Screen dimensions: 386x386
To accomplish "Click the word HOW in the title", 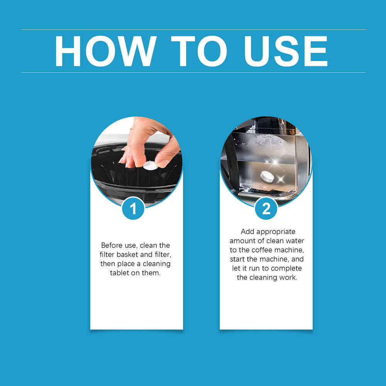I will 105,51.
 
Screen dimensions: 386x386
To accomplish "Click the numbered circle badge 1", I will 133,209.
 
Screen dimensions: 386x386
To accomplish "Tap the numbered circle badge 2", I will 266,209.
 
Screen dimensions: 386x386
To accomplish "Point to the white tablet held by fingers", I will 150,166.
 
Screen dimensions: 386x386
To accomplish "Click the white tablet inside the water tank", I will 267,176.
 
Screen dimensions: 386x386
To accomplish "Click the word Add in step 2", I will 247,232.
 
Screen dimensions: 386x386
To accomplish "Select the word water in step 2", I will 295,241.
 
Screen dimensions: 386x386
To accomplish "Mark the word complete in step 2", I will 286,269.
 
